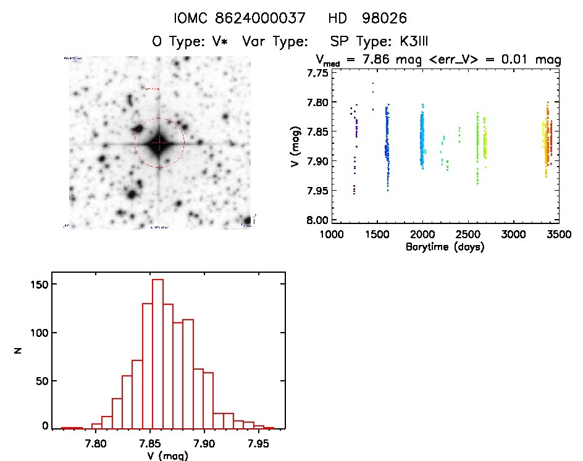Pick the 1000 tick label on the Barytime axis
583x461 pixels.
(x=332, y=235)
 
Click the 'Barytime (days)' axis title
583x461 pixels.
(x=445, y=247)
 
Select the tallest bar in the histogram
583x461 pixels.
(x=157, y=353)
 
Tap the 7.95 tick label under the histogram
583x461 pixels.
(x=258, y=442)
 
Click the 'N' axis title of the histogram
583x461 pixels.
(x=19, y=351)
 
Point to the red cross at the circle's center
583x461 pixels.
(x=159, y=143)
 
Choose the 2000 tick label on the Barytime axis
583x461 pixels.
(x=422, y=235)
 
